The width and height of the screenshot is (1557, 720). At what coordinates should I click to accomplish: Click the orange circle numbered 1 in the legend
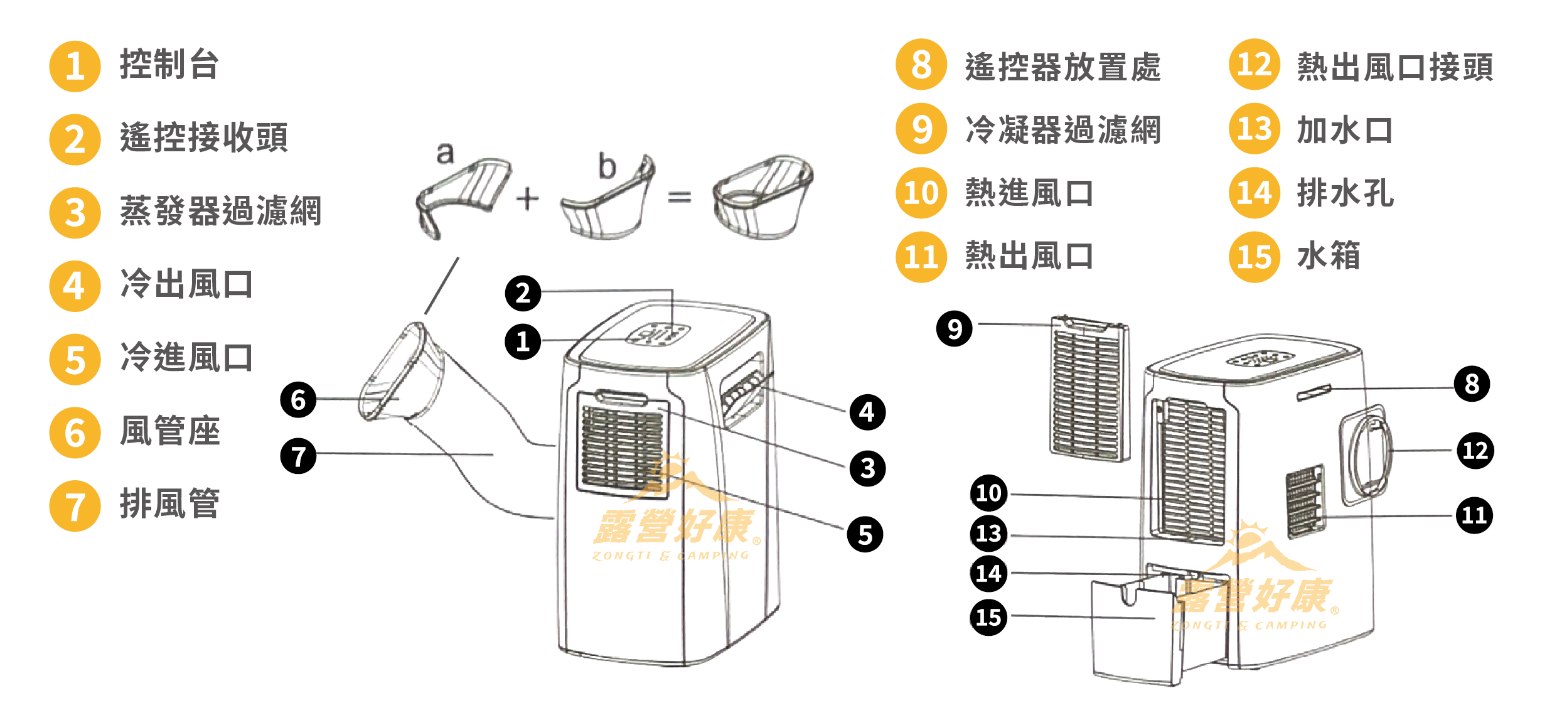point(75,67)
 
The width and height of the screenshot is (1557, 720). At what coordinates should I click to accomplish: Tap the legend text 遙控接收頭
point(203,137)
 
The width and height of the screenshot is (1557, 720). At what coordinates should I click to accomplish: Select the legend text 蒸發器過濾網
point(220,211)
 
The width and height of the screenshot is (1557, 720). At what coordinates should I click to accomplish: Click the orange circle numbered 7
point(75,506)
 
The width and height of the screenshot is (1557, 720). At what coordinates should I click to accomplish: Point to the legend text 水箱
point(1328,256)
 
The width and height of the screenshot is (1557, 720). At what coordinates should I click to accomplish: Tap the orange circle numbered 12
point(1254,65)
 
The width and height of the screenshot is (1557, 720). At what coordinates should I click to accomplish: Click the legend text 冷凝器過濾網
point(1062,130)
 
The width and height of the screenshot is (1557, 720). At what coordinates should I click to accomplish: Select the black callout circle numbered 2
point(523,293)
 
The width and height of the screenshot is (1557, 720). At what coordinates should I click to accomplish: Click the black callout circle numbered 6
point(298,399)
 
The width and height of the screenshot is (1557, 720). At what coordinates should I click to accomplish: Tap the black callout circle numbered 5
point(865,535)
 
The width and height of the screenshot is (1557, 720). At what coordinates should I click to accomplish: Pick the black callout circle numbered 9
point(954,328)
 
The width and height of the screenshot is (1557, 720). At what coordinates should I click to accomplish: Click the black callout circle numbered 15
point(988,617)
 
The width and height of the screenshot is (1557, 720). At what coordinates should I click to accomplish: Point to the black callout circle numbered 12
point(1475,450)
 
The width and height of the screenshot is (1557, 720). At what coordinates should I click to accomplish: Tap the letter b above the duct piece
point(607,166)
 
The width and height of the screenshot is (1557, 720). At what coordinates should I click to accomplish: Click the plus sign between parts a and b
point(528,199)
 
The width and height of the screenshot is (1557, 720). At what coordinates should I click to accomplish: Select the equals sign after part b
point(679,198)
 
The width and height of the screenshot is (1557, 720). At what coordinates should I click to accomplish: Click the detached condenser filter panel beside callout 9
point(1089,389)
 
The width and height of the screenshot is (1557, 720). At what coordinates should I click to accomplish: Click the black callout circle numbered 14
point(988,572)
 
